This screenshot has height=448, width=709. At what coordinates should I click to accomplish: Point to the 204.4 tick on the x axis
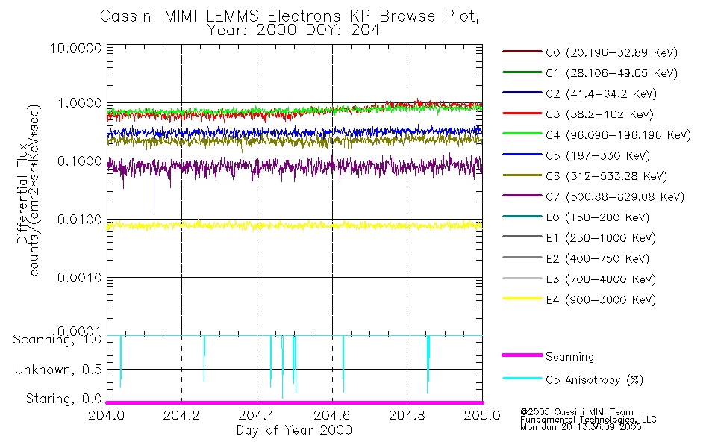(x=257, y=414)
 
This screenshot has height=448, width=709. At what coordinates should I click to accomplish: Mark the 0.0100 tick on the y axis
(x=81, y=220)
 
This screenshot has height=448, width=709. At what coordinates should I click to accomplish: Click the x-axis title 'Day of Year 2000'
(x=294, y=430)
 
